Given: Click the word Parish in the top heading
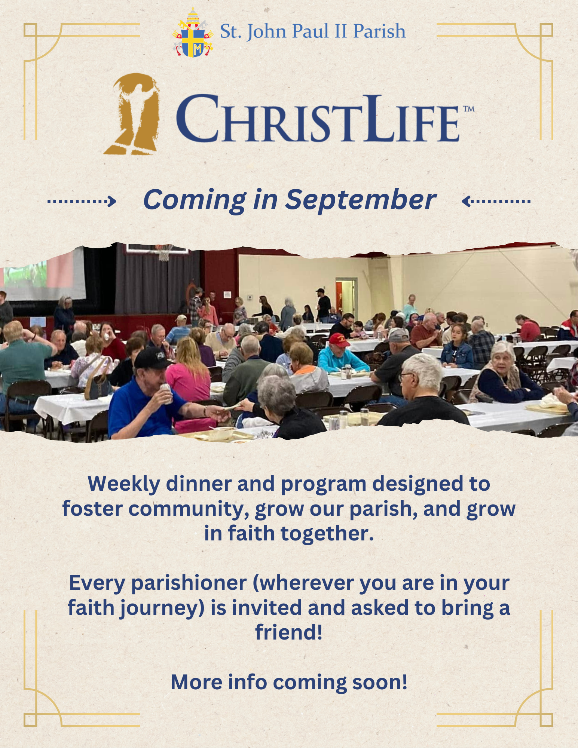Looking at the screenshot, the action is click(379, 31).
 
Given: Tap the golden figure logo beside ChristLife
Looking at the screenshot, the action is click(133, 114).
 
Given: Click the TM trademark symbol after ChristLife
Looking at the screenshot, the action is click(469, 109).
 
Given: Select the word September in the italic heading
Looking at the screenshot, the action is click(361, 200).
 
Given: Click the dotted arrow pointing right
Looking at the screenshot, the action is click(82, 201).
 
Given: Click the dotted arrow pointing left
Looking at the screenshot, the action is click(496, 201).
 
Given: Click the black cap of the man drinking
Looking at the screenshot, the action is click(151, 358).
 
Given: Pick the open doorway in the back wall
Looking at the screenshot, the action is click(346, 297).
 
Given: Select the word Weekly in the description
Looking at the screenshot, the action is click(124, 484).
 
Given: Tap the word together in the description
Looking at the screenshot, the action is click(327, 533).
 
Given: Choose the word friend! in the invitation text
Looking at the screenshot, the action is click(289, 632).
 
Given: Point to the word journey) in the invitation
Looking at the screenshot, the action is click(162, 608).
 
